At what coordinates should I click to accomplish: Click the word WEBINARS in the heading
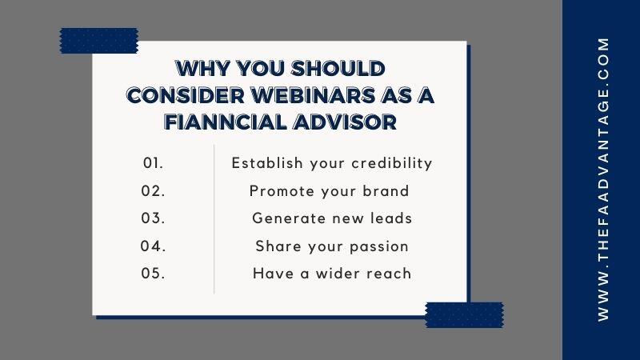[x=312, y=95]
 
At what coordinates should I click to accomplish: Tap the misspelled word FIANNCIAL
[x=226, y=122]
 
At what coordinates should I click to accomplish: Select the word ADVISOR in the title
[x=345, y=122]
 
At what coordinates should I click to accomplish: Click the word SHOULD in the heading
[x=338, y=68]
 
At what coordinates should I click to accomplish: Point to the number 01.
[x=153, y=163]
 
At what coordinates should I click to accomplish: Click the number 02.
[x=153, y=191]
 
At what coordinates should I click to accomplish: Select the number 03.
[x=153, y=218]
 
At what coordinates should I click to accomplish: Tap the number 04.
[x=153, y=246]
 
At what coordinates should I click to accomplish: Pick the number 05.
[x=153, y=274]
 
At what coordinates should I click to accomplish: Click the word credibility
[x=392, y=163]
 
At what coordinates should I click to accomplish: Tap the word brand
[x=386, y=191]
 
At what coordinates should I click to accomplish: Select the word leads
[x=391, y=218]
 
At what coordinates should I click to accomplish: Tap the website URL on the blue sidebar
[x=603, y=179]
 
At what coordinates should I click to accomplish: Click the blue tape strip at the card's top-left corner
[x=99, y=41]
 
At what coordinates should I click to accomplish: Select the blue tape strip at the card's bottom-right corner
[x=465, y=314]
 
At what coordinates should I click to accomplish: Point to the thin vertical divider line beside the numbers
[x=214, y=218]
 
